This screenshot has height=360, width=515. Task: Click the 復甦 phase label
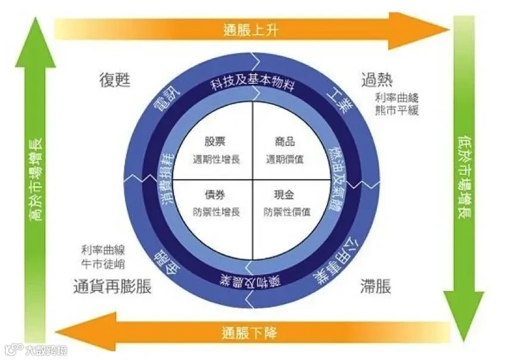click(x=114, y=80)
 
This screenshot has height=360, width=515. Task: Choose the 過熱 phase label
click(x=376, y=79)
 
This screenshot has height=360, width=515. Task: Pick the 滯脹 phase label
click(x=376, y=287)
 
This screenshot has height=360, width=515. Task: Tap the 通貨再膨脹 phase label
click(x=112, y=287)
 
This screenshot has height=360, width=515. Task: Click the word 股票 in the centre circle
click(x=216, y=142)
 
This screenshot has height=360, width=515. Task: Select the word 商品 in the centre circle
click(x=285, y=142)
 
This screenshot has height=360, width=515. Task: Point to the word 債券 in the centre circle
click(x=216, y=195)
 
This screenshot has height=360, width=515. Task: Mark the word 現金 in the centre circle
click(x=285, y=195)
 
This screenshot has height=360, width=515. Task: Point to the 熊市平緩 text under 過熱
click(x=397, y=110)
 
